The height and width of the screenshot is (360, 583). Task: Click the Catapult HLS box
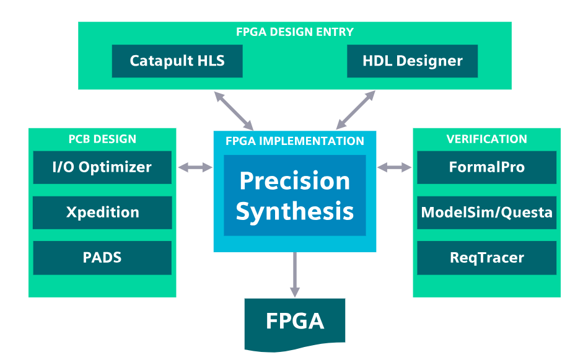coord(177,61)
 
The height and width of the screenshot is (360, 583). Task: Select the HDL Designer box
coord(412,61)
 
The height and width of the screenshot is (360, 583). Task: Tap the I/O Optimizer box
coord(102,167)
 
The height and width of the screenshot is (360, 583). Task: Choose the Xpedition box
coord(102,213)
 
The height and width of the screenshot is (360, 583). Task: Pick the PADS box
coord(102,258)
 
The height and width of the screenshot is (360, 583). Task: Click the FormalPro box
coord(486,167)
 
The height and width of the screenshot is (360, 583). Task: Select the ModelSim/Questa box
coord(486,213)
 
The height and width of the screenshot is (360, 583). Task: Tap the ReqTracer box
coord(486,258)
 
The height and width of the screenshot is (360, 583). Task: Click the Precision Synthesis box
coord(295,195)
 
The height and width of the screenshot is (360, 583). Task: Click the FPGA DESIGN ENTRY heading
coord(295,32)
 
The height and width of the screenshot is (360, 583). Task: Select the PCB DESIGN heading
coord(102,139)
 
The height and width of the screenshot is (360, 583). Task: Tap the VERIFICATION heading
coord(486,139)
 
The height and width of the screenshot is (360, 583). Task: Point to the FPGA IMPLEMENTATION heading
coord(295,141)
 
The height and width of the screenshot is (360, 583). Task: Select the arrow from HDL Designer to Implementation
coord(356,110)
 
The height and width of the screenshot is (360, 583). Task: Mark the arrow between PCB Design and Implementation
coord(195,167)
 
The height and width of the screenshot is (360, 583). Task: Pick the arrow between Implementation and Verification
coord(395,167)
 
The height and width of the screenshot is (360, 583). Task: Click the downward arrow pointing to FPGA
coord(295,274)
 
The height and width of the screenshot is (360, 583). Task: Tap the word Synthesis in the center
coord(295,211)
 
